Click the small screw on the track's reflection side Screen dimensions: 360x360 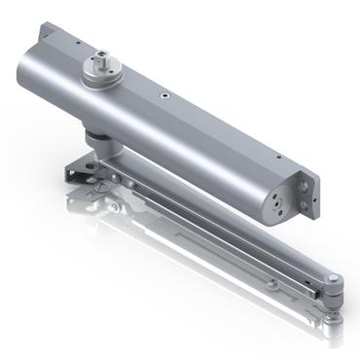click(x=273, y=284)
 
